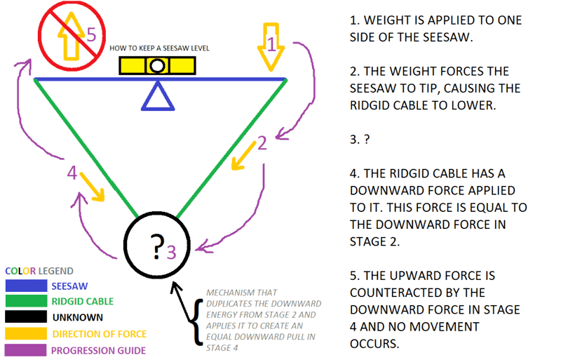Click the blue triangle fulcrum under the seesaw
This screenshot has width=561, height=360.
click(x=157, y=97)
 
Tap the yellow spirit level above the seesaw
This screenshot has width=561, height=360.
click(x=157, y=65)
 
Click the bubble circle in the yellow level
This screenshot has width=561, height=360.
click(x=158, y=66)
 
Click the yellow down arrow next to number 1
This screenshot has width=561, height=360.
click(x=271, y=49)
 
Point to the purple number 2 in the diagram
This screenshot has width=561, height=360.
click(x=262, y=143)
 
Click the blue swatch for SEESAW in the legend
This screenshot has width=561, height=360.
click(x=26, y=286)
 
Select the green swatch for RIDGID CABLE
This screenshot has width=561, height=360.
click(x=26, y=302)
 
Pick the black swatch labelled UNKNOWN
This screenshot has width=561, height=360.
click(x=26, y=317)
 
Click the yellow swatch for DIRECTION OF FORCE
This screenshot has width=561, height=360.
click(x=26, y=333)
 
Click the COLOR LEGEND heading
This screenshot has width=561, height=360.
click(x=39, y=271)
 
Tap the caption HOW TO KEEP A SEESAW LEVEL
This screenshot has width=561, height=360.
click(x=159, y=48)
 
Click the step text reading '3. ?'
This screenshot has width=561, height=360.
click(x=360, y=139)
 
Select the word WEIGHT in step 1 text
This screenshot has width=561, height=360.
click(x=385, y=20)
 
